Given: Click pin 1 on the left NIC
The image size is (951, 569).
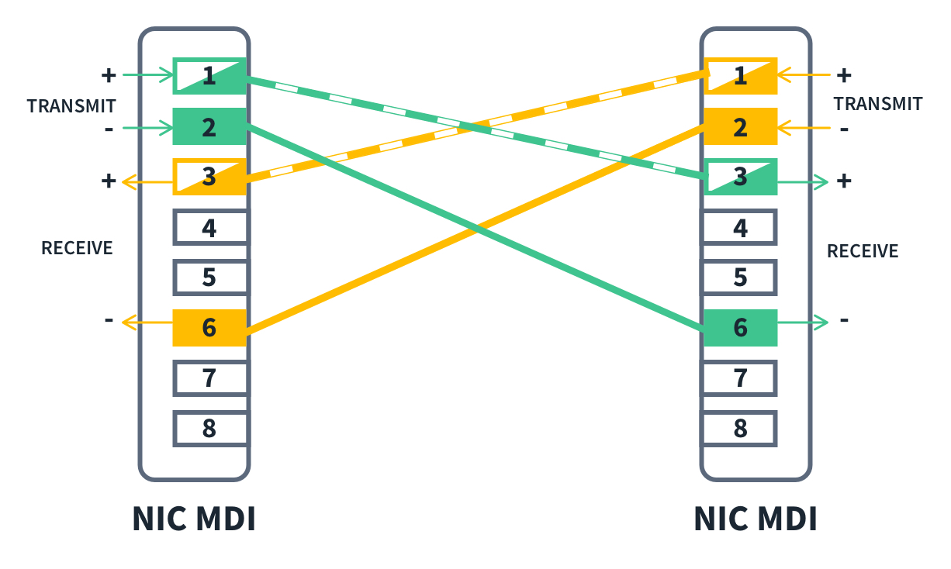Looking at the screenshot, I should pos(209,76).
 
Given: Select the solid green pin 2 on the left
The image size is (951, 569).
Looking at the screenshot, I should pos(209,127).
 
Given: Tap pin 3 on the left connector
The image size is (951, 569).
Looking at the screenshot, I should pos(209,178).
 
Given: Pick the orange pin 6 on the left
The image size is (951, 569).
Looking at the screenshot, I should pos(209,327).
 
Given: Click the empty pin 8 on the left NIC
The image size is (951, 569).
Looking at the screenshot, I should pos(209,428).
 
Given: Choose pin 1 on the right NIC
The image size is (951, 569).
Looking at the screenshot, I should pos(740,76).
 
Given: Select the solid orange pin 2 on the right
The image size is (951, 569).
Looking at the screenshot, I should pos(740,127).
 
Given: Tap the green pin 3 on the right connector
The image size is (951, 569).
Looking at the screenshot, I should pos(740,178).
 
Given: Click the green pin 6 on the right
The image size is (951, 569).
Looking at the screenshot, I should pos(740,327).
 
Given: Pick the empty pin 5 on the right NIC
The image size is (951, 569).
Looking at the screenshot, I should pos(740,277).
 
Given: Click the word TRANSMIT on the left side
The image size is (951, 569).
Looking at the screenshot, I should pos(71,106).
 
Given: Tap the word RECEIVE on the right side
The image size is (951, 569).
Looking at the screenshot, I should pos(863,251).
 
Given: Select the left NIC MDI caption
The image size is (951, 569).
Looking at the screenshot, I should pos(194,519).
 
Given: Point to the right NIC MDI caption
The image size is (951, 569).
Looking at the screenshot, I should pos(756,519).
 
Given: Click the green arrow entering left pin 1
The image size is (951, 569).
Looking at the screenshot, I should pos(147,75).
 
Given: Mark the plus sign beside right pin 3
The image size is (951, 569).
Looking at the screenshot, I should pos(844,181).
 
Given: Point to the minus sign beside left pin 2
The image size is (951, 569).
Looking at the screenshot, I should pos(108,128).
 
